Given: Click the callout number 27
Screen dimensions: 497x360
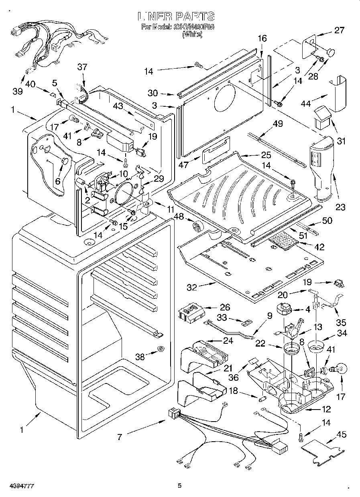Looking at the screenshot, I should point(339,30).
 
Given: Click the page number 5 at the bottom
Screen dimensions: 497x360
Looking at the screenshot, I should point(180,486).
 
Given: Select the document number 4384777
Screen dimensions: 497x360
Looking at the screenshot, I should point(18,486).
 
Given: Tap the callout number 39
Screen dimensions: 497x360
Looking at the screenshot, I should point(17,91).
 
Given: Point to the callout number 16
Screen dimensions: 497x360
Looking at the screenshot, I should point(262,39).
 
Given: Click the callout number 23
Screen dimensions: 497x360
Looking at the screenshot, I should point(340,207).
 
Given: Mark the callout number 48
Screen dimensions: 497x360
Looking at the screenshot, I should point(179,217).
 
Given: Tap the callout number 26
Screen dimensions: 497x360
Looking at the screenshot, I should point(225,308).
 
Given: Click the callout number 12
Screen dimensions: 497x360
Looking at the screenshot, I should point(326,409).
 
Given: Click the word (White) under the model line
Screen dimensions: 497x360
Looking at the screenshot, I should point(192,35).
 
